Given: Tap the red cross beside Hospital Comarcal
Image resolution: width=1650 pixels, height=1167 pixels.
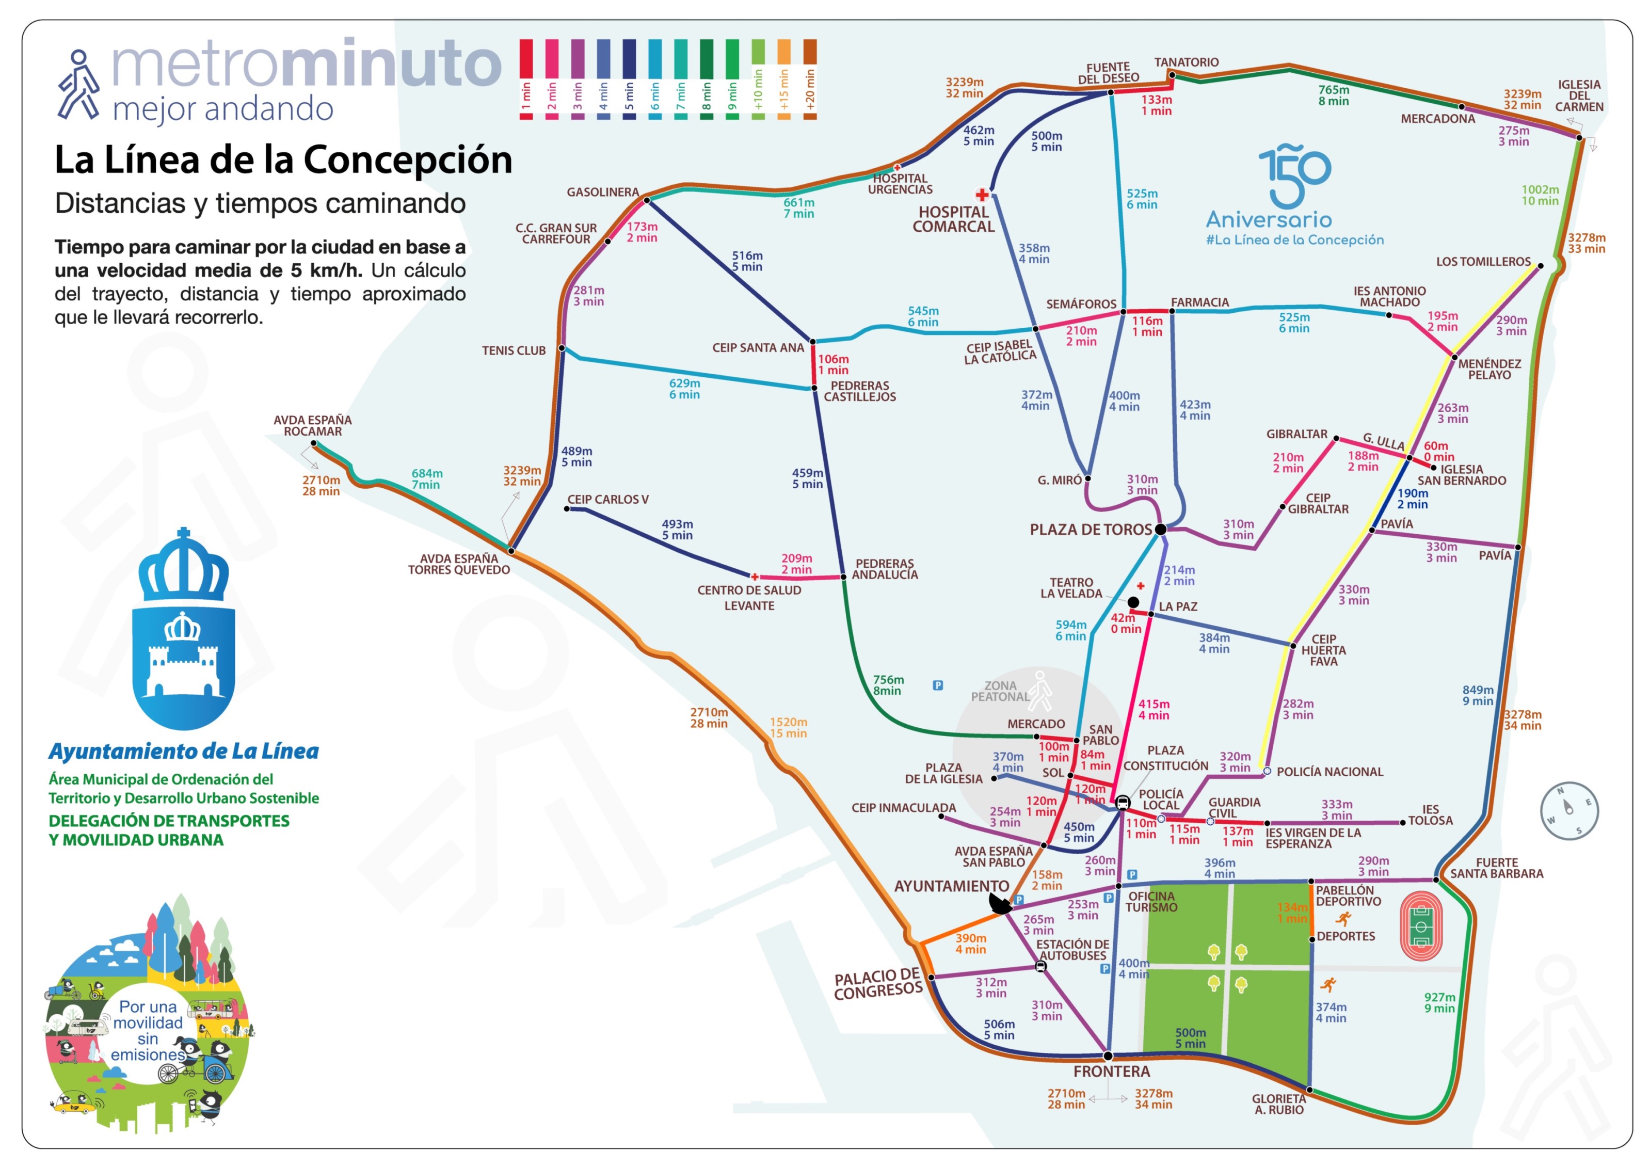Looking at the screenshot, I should pyautogui.click(x=982, y=195).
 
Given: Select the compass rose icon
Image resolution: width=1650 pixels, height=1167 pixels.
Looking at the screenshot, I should pyautogui.click(x=1569, y=811).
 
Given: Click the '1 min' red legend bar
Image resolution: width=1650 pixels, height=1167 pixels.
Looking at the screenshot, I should pyautogui.click(x=526, y=79).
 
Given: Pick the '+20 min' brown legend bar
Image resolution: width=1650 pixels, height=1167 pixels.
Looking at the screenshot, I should pyautogui.click(x=810, y=79).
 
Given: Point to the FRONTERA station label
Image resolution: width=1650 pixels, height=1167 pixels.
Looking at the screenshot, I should pyautogui.click(x=1112, y=1072).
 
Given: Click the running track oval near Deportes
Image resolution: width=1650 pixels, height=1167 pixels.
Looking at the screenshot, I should pyautogui.click(x=1421, y=926).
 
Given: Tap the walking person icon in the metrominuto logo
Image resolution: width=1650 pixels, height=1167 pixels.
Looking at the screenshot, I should pyautogui.click(x=77, y=85).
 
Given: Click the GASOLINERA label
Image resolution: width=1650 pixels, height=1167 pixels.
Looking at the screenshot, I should pyautogui.click(x=602, y=193).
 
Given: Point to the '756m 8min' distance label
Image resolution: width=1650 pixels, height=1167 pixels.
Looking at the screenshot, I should pyautogui.click(x=888, y=685).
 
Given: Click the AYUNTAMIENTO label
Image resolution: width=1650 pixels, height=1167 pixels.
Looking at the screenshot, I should pyautogui.click(x=952, y=887).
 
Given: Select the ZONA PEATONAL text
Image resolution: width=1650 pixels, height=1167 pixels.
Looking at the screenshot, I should pyautogui.click(x=1000, y=691).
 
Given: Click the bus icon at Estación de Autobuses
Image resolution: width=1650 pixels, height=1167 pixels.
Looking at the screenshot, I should pyautogui.click(x=1040, y=967).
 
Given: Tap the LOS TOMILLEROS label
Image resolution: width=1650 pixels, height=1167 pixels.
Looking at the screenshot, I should pyautogui.click(x=1483, y=262).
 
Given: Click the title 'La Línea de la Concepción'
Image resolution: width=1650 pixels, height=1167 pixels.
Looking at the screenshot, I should pyautogui.click(x=283, y=159).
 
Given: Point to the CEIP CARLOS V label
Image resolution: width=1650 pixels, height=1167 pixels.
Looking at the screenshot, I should pyautogui.click(x=608, y=500).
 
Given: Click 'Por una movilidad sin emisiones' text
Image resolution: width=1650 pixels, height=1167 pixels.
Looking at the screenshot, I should pyautogui.click(x=148, y=1030).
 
